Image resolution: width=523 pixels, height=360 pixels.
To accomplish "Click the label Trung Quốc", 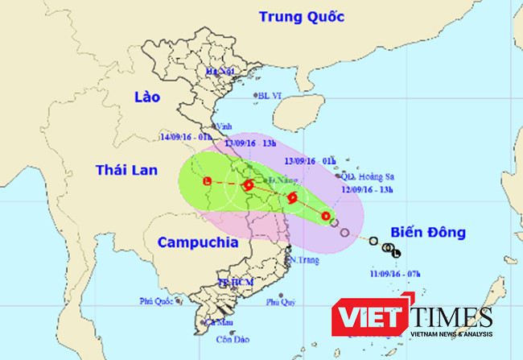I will pyautogui.click(x=302, y=17).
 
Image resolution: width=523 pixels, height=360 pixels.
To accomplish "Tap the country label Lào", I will pyautogui.click(x=147, y=97).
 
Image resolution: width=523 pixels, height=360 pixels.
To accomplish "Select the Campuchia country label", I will pyautogui.click(x=196, y=242).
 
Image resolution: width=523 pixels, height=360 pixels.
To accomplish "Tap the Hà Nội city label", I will pyautogui.click(x=219, y=72).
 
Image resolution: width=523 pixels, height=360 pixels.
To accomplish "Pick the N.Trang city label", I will pyautogui.click(x=301, y=259).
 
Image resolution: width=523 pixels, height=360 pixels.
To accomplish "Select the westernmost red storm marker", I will pyautogui.click(x=208, y=182).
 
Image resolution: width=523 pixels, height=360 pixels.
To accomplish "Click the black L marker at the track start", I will pyautogui.click(x=396, y=254).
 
